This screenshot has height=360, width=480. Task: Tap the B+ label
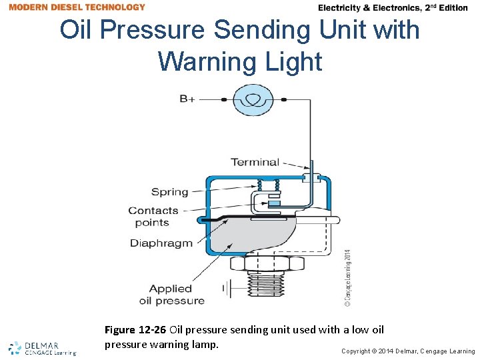187,99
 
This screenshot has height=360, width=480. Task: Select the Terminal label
255,161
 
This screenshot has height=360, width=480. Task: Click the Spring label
169,192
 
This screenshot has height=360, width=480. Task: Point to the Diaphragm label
161,243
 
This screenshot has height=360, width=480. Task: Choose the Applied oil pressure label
171,295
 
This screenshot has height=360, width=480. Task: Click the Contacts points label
153,217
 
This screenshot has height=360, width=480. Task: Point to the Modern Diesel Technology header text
77,7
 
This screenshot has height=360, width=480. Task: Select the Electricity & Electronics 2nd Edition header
393,8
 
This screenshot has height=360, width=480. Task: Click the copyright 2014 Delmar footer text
408,351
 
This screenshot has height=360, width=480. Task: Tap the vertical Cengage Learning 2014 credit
347,277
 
